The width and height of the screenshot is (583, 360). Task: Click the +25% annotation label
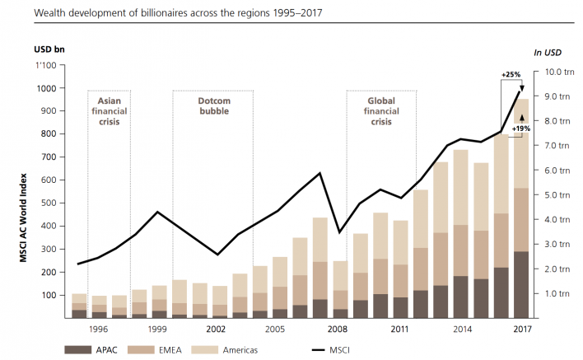pyautogui.click(x=511, y=75)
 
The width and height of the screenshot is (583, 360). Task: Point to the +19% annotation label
pyautogui.click(x=520, y=129)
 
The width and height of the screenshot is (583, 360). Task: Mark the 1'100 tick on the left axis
pyautogui.click(x=45, y=65)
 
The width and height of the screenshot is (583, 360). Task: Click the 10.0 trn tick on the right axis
pyautogui.click(x=549, y=72)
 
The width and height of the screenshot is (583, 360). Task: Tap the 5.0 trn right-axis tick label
pyautogui.click(x=549, y=195)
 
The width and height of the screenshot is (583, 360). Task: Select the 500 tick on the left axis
pyautogui.click(x=48, y=203)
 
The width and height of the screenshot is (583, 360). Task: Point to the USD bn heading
pyautogui.click(x=49, y=49)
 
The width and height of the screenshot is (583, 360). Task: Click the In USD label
pyautogui.click(x=548, y=52)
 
